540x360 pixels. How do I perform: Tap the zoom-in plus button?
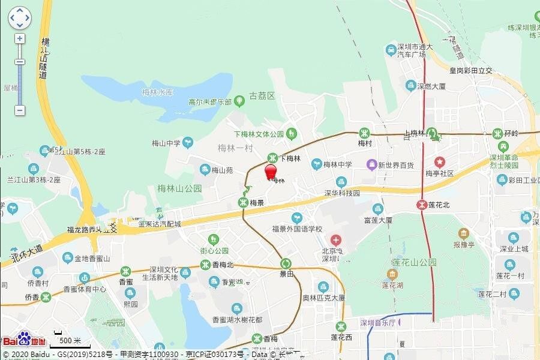[20, 38]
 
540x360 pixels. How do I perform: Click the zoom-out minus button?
[20, 110]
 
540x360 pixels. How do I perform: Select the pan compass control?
[19, 18]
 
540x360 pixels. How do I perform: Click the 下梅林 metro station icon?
[272, 158]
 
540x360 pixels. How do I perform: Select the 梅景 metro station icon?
[244, 202]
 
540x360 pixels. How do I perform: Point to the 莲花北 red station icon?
[422, 204]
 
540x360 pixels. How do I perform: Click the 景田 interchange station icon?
[286, 263]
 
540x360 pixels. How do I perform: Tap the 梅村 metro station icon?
[364, 133]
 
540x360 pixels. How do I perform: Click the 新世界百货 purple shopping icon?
[372, 164]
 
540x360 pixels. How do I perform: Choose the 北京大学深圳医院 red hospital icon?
[335, 241]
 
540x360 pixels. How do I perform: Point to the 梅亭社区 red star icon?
[440, 162]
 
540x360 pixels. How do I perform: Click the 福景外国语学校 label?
[297, 229]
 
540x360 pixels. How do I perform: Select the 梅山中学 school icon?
[188, 143]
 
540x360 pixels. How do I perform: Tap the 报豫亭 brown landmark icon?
[463, 233]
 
